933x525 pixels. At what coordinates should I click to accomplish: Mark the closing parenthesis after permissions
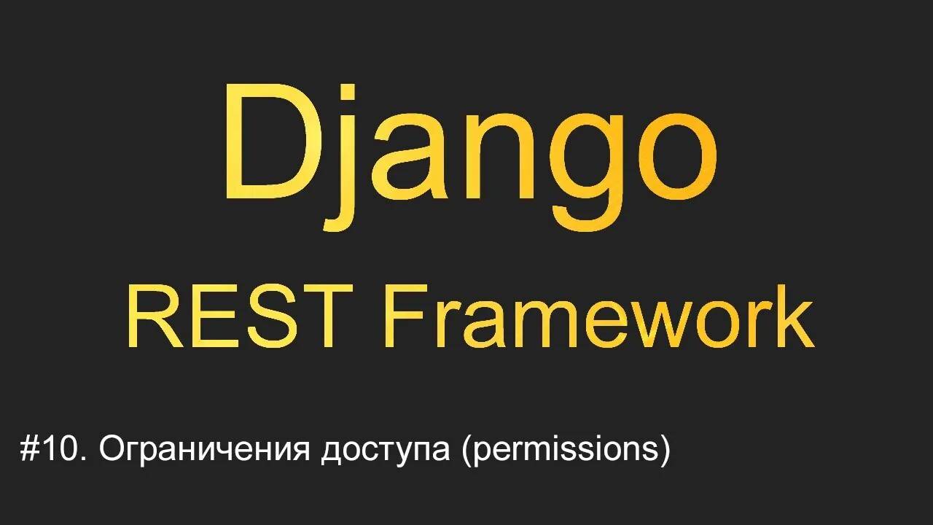(663, 451)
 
